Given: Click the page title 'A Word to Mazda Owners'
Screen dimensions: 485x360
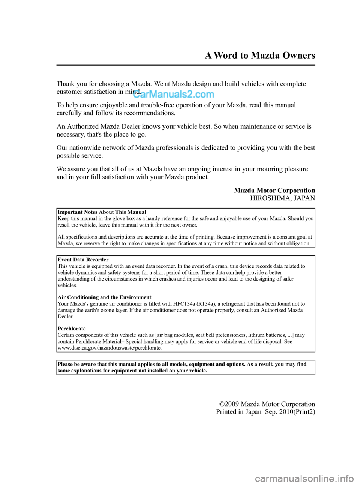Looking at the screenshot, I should (x=260, y=56).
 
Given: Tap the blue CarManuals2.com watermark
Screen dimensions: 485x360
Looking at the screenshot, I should (x=174, y=94).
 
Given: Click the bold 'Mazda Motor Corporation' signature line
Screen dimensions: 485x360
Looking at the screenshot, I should (x=274, y=190).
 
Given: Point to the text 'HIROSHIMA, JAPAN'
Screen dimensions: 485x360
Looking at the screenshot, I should (x=283, y=198).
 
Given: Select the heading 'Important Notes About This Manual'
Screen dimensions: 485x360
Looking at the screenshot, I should (x=102, y=212).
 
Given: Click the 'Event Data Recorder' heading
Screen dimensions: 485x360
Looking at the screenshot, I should (x=83, y=260).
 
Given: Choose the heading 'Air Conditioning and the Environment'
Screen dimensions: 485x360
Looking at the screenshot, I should (x=105, y=297).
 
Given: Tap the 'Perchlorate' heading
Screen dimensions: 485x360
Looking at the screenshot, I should (x=72, y=329).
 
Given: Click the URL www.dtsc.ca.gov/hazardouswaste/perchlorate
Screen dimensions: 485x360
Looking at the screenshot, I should (x=109, y=348).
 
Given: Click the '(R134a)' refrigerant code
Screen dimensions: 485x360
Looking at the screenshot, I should (x=206, y=304).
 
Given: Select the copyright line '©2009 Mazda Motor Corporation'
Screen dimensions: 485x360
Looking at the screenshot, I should (x=267, y=404).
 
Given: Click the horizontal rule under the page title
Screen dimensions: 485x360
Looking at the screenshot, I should (x=186, y=65).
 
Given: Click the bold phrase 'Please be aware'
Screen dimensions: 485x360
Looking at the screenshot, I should (x=77, y=364).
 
